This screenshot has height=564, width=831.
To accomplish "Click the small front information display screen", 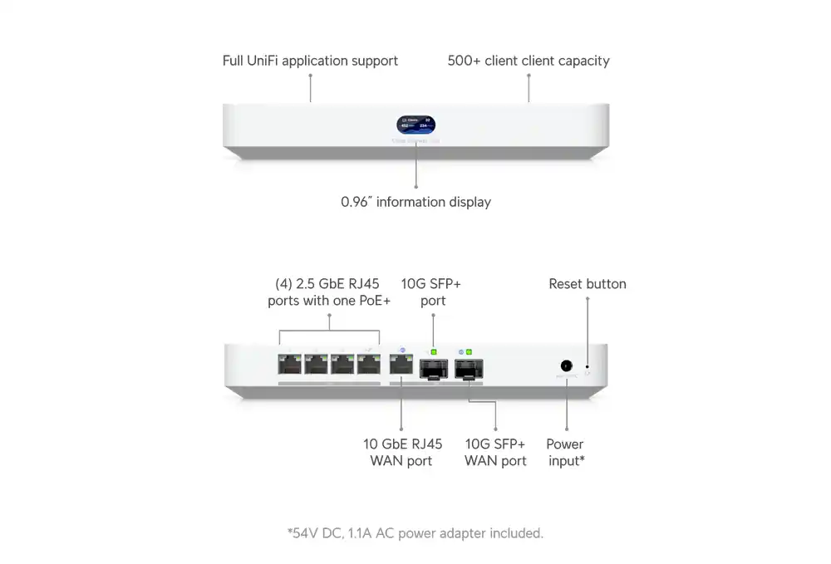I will pyautogui.click(x=415, y=125).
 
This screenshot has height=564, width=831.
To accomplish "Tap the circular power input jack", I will pyautogui.click(x=567, y=365).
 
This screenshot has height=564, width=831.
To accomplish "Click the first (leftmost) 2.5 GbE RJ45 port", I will pyautogui.click(x=290, y=365).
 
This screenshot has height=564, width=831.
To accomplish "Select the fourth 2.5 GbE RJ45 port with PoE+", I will pyautogui.click(x=367, y=365).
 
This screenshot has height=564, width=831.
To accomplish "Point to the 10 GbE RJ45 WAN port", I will pyautogui.click(x=401, y=365).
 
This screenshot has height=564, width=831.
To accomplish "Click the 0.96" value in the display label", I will pyautogui.click(x=356, y=202).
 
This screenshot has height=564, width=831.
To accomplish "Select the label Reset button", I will pyautogui.click(x=588, y=284).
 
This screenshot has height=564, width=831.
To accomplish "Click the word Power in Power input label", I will pyautogui.click(x=565, y=444).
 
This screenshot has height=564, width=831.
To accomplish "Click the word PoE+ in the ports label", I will pyautogui.click(x=374, y=301).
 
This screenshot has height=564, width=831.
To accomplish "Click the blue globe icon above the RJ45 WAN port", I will pyautogui.click(x=402, y=351).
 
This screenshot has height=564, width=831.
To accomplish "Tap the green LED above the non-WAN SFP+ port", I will pyautogui.click(x=433, y=352).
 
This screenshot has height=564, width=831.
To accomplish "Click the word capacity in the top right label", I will pyautogui.click(x=583, y=61).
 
